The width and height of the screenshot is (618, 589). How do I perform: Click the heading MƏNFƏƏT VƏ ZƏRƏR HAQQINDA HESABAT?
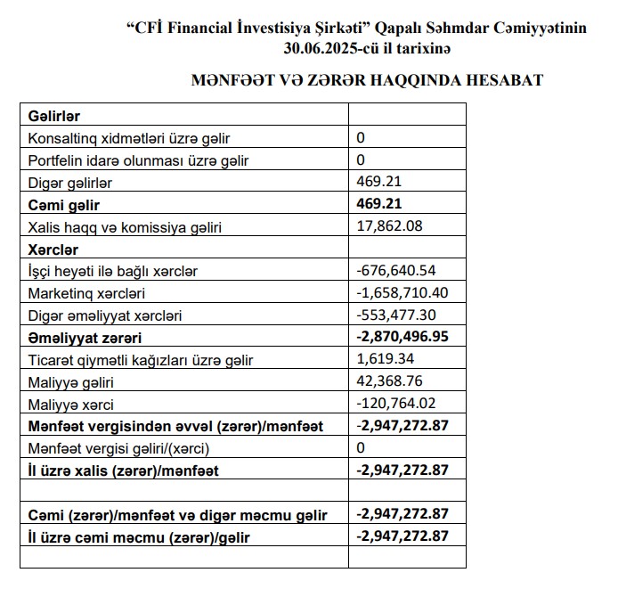[x=367, y=80]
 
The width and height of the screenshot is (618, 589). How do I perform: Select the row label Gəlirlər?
[x=54, y=116]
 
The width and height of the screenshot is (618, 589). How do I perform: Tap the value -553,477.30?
[x=395, y=315]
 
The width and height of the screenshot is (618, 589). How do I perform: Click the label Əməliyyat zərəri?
[x=85, y=338]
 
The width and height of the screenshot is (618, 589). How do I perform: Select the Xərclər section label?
[x=53, y=249]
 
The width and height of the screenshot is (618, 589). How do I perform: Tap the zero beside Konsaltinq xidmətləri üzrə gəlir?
[x=361, y=138]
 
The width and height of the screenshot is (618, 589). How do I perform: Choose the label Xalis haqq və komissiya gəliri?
[x=124, y=227]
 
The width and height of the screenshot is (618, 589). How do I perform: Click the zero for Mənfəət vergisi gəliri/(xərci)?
[x=361, y=448]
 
